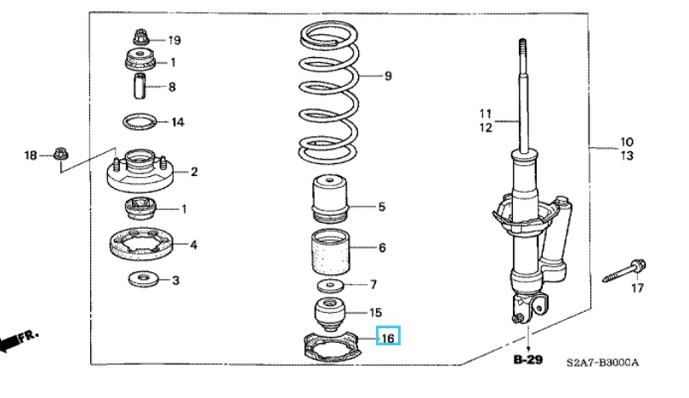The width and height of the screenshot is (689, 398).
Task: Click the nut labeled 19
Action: [x=140, y=38]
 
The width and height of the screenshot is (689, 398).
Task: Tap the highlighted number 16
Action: [x=388, y=338]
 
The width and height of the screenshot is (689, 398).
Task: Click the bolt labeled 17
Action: [x=624, y=273]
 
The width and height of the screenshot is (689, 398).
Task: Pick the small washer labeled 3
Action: [x=141, y=279]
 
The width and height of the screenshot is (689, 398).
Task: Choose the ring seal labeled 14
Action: [x=140, y=122]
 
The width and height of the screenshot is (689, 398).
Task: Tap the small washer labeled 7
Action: [x=331, y=284]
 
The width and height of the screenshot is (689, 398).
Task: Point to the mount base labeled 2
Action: [x=139, y=173]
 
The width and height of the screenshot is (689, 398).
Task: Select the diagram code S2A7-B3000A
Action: [x=602, y=363]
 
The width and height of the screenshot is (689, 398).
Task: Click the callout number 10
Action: [x=626, y=141]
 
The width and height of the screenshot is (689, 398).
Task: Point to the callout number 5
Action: [x=382, y=207]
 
